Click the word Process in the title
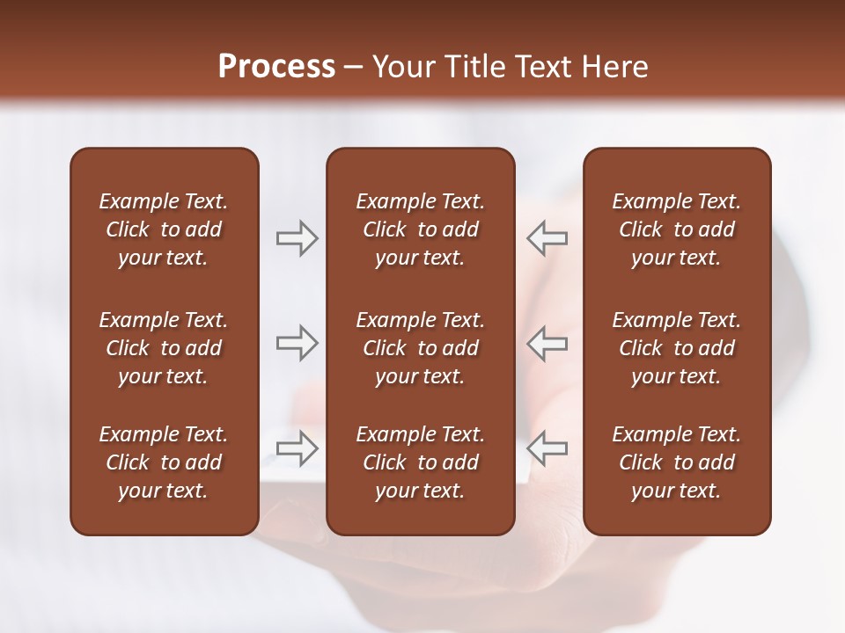tap(276, 67)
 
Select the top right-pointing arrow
tap(297, 238)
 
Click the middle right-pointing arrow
tap(297, 343)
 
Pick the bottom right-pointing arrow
tap(297, 448)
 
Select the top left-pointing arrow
tap(547, 238)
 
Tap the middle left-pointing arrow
tap(547, 343)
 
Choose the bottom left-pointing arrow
tap(547, 448)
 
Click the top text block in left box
tap(164, 229)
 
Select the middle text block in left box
tap(164, 348)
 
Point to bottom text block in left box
tap(164, 462)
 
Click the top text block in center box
tap(420, 229)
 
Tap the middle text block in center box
tap(420, 348)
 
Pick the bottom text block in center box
tap(420, 462)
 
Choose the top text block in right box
tap(676, 229)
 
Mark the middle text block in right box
tap(676, 348)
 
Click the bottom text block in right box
tap(676, 462)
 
